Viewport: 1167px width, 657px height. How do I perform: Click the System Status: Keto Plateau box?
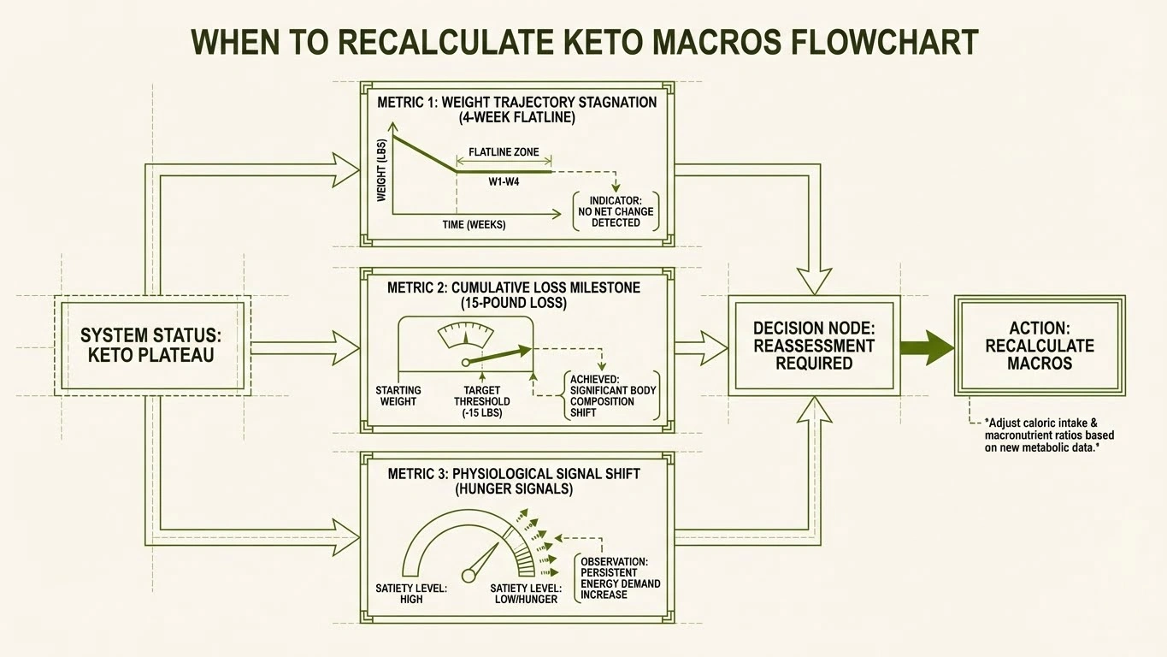tap(152, 345)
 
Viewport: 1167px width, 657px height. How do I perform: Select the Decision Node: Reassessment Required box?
tap(814, 346)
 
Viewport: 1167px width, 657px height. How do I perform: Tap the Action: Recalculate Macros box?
tap(1040, 346)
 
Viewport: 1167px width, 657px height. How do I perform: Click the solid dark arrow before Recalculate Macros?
tap(927, 347)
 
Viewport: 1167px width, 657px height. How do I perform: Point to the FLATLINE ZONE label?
tap(504, 152)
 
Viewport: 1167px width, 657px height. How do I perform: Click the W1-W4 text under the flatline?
tap(504, 182)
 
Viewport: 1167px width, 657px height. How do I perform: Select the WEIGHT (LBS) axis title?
tap(382, 169)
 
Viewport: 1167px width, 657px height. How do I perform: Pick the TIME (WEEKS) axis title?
tap(474, 225)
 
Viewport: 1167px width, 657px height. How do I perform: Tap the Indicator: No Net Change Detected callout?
tap(616, 211)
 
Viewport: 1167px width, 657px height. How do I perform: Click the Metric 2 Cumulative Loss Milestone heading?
tap(513, 295)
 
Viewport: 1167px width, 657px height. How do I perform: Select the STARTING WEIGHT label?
tap(398, 396)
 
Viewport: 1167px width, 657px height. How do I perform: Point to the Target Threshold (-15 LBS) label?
tap(482, 401)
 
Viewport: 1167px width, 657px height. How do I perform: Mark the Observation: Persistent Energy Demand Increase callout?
tap(620, 577)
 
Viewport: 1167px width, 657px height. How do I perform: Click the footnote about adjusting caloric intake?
tap(1048, 435)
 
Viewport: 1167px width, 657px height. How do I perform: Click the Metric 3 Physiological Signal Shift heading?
tap(513, 481)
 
